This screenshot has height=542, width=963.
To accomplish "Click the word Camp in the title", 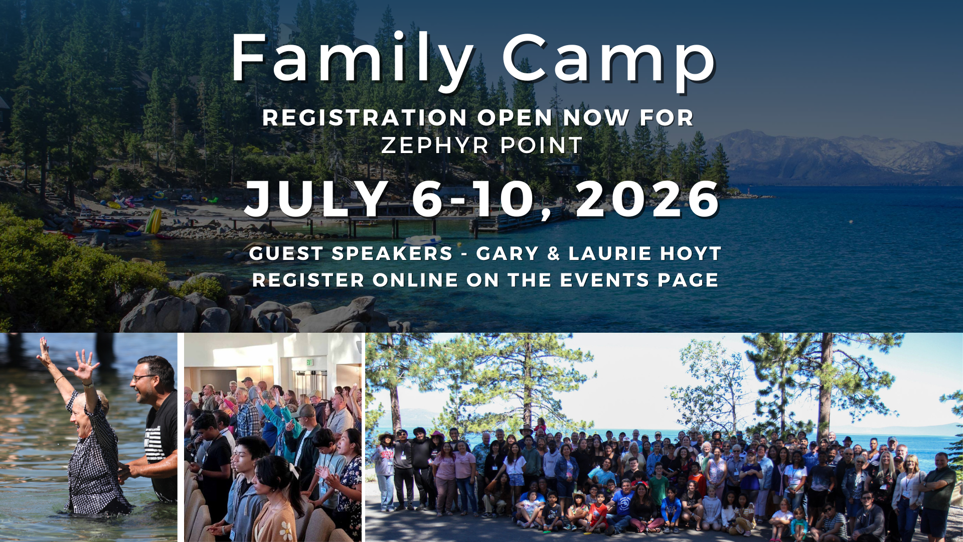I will (x=609, y=59).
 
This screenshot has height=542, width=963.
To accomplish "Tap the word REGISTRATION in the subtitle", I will (x=365, y=118).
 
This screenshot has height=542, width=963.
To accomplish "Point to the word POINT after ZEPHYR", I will (x=542, y=146).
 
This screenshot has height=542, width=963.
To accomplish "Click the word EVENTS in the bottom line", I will (x=604, y=280).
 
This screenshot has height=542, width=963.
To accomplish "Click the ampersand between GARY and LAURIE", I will (x=554, y=254).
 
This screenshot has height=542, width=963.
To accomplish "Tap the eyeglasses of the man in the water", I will (x=143, y=377).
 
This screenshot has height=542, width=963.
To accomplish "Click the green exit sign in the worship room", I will (x=309, y=362).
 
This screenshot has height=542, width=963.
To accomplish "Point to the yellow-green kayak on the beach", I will (x=153, y=221).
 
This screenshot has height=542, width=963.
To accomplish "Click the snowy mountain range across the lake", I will (x=843, y=153).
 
